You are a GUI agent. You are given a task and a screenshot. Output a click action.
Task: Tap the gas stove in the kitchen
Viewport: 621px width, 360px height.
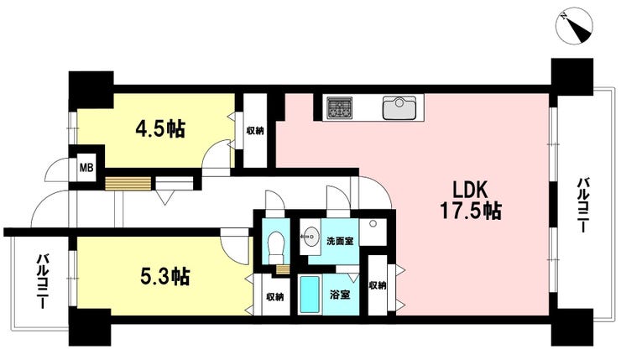point(339,107)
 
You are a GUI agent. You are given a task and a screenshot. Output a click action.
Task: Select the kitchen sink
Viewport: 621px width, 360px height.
point(399,107)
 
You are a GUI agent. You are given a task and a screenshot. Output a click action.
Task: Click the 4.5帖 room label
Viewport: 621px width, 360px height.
point(160,128)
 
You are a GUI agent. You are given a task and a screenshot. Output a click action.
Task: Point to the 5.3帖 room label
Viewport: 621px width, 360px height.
point(165,276)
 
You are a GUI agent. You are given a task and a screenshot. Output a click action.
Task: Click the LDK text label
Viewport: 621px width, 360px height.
point(469,190)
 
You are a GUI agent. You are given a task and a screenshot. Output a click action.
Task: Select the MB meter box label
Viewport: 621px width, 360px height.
point(86,168)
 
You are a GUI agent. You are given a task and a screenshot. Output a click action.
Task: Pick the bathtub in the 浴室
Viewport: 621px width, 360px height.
point(310,295)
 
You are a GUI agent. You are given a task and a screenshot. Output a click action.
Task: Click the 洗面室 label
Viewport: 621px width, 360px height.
point(340,241)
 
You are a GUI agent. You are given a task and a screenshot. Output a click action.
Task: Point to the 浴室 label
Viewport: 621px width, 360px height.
point(340,295)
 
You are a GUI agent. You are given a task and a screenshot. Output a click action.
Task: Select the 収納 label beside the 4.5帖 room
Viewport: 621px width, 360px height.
point(254,130)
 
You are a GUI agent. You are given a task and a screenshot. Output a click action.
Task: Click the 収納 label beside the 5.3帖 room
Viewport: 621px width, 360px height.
point(274,296)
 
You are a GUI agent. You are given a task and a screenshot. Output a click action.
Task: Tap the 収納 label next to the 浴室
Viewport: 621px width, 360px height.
point(378,285)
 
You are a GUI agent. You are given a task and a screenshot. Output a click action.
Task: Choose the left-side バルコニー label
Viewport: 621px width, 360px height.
point(43,281)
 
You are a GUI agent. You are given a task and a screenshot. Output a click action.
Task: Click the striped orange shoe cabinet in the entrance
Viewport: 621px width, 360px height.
point(128,184)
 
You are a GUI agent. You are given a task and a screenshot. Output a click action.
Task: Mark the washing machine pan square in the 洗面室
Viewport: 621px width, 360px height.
point(373,232)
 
